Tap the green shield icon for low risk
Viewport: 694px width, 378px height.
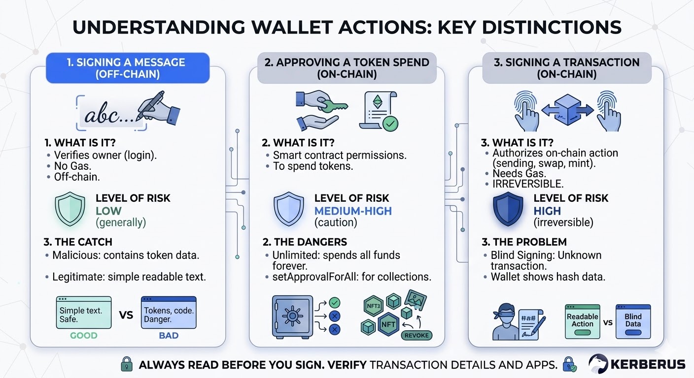67,209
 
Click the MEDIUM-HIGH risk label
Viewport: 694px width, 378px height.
353,211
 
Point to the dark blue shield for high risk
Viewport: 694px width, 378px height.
507,209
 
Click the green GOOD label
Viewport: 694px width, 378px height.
84,336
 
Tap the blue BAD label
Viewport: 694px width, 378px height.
168,336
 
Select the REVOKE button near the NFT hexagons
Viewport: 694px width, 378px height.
417,335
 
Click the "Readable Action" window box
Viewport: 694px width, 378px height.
582,321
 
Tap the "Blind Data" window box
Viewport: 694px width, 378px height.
633,321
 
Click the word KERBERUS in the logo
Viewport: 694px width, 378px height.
648,365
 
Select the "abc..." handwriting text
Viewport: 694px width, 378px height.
109,116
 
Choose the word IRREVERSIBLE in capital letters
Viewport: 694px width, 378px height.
527,184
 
